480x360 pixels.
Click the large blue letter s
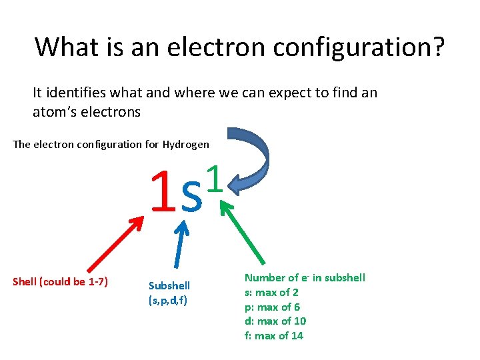click(191, 196)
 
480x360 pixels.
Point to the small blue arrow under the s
click(182, 246)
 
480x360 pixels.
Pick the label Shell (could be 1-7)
click(61, 281)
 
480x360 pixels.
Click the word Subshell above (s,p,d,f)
click(169, 285)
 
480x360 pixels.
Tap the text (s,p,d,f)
click(168, 300)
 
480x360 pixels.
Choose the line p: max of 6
click(272, 307)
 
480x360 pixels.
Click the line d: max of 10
click(275, 321)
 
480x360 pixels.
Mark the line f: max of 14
click(274, 335)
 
